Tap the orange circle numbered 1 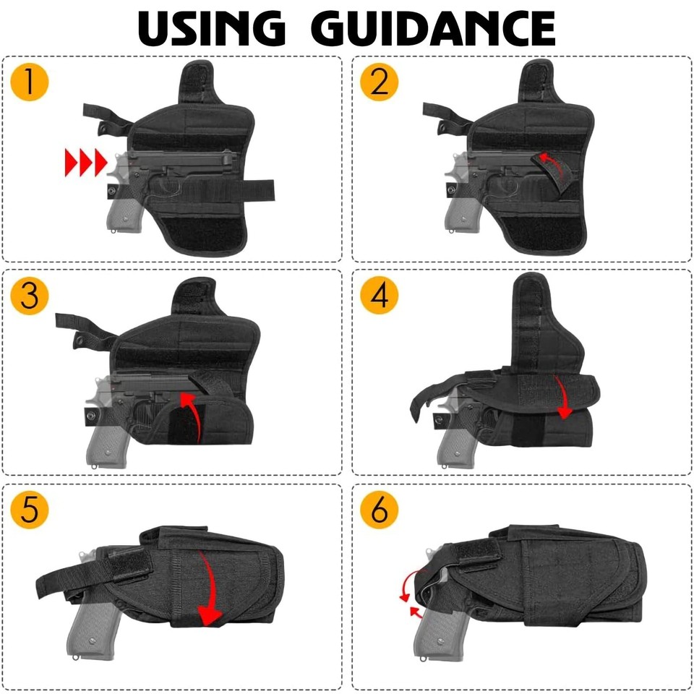[29, 82]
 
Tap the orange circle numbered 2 [380, 82]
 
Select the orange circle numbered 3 [29, 296]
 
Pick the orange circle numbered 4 [380, 296]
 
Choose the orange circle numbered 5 [29, 510]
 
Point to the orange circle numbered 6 [380, 510]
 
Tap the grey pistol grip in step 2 [458, 210]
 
